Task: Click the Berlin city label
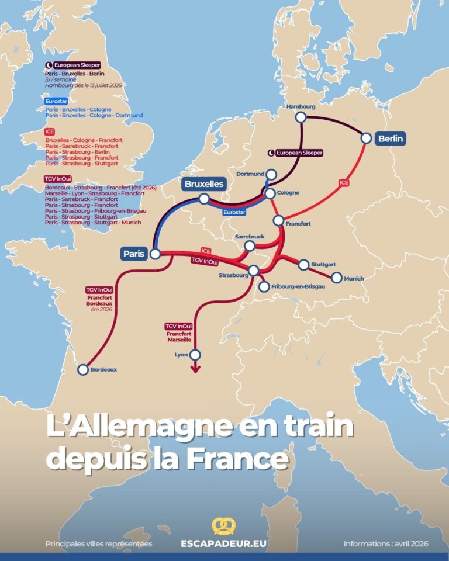coord(391,138)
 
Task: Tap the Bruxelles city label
coord(204,184)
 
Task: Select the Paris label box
coord(134,254)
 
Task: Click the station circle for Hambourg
coord(301,117)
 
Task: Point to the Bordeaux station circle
coord(83,369)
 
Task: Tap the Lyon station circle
coord(195,355)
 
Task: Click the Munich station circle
coord(337,278)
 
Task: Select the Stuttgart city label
coord(323,264)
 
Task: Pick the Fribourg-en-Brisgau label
coord(298,286)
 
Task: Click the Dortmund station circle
coord(271,175)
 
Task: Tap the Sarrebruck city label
coord(250,237)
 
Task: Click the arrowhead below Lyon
coord(195,369)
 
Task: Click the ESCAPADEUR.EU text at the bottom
coord(224,543)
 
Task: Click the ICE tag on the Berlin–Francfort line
coord(344,183)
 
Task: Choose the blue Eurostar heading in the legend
coord(53,101)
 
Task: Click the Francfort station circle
coord(278,220)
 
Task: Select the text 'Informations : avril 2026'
coord(386,543)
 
